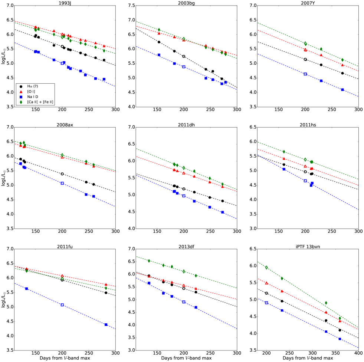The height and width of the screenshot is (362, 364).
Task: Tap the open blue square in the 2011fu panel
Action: [x=62, y=305]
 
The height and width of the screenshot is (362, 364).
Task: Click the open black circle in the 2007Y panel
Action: [x=305, y=59]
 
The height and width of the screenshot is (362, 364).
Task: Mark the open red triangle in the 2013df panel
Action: [x=184, y=286]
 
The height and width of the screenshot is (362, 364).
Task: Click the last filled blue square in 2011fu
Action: [x=106, y=324]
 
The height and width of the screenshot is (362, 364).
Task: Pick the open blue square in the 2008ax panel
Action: [x=62, y=183]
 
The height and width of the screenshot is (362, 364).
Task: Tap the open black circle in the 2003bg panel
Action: [x=184, y=56]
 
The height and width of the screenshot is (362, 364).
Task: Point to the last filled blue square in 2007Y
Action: [x=342, y=90]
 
